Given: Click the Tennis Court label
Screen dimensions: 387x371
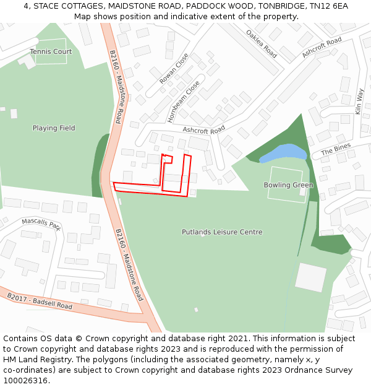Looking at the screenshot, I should pyautogui.click(x=51, y=52).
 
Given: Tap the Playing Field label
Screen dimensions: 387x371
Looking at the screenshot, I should pyautogui.click(x=54, y=128).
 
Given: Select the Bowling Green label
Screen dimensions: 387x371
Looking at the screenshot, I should pyautogui.click(x=288, y=185).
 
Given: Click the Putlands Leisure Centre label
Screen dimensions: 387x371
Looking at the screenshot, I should pyautogui.click(x=222, y=232).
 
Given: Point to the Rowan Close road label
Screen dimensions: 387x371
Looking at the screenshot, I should pyautogui.click(x=174, y=68).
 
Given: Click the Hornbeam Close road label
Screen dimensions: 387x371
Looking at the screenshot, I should pyautogui.click(x=184, y=101).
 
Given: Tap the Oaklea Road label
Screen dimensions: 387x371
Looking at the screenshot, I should pyautogui.click(x=261, y=43).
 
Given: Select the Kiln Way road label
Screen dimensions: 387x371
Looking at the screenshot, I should pyautogui.click(x=359, y=101).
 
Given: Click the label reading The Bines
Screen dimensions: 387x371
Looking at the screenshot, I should pyautogui.click(x=336, y=149).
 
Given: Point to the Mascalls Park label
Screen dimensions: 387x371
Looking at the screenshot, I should pyautogui.click(x=41, y=223).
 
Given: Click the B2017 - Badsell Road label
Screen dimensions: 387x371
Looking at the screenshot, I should pyautogui.click(x=40, y=301).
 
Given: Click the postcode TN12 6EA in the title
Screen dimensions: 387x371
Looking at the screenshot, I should pyautogui.click(x=329, y=6).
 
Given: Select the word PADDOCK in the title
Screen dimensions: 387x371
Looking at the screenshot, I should pyautogui.click(x=216, y=6).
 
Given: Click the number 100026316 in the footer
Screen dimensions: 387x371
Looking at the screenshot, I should pyautogui.click(x=24, y=381).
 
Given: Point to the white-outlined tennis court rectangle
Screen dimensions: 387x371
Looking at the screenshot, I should pyautogui.click(x=51, y=51).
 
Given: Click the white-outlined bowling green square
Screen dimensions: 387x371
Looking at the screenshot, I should pyautogui.click(x=285, y=183).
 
